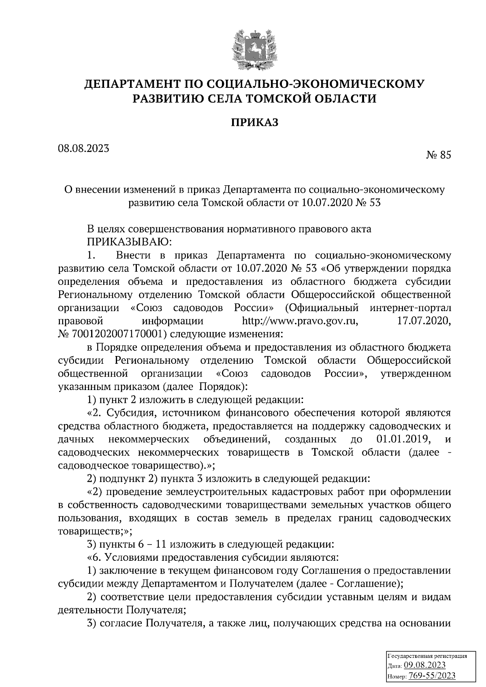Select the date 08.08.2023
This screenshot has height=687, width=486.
(x=83, y=148)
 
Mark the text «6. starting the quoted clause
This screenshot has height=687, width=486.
(x=95, y=558)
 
